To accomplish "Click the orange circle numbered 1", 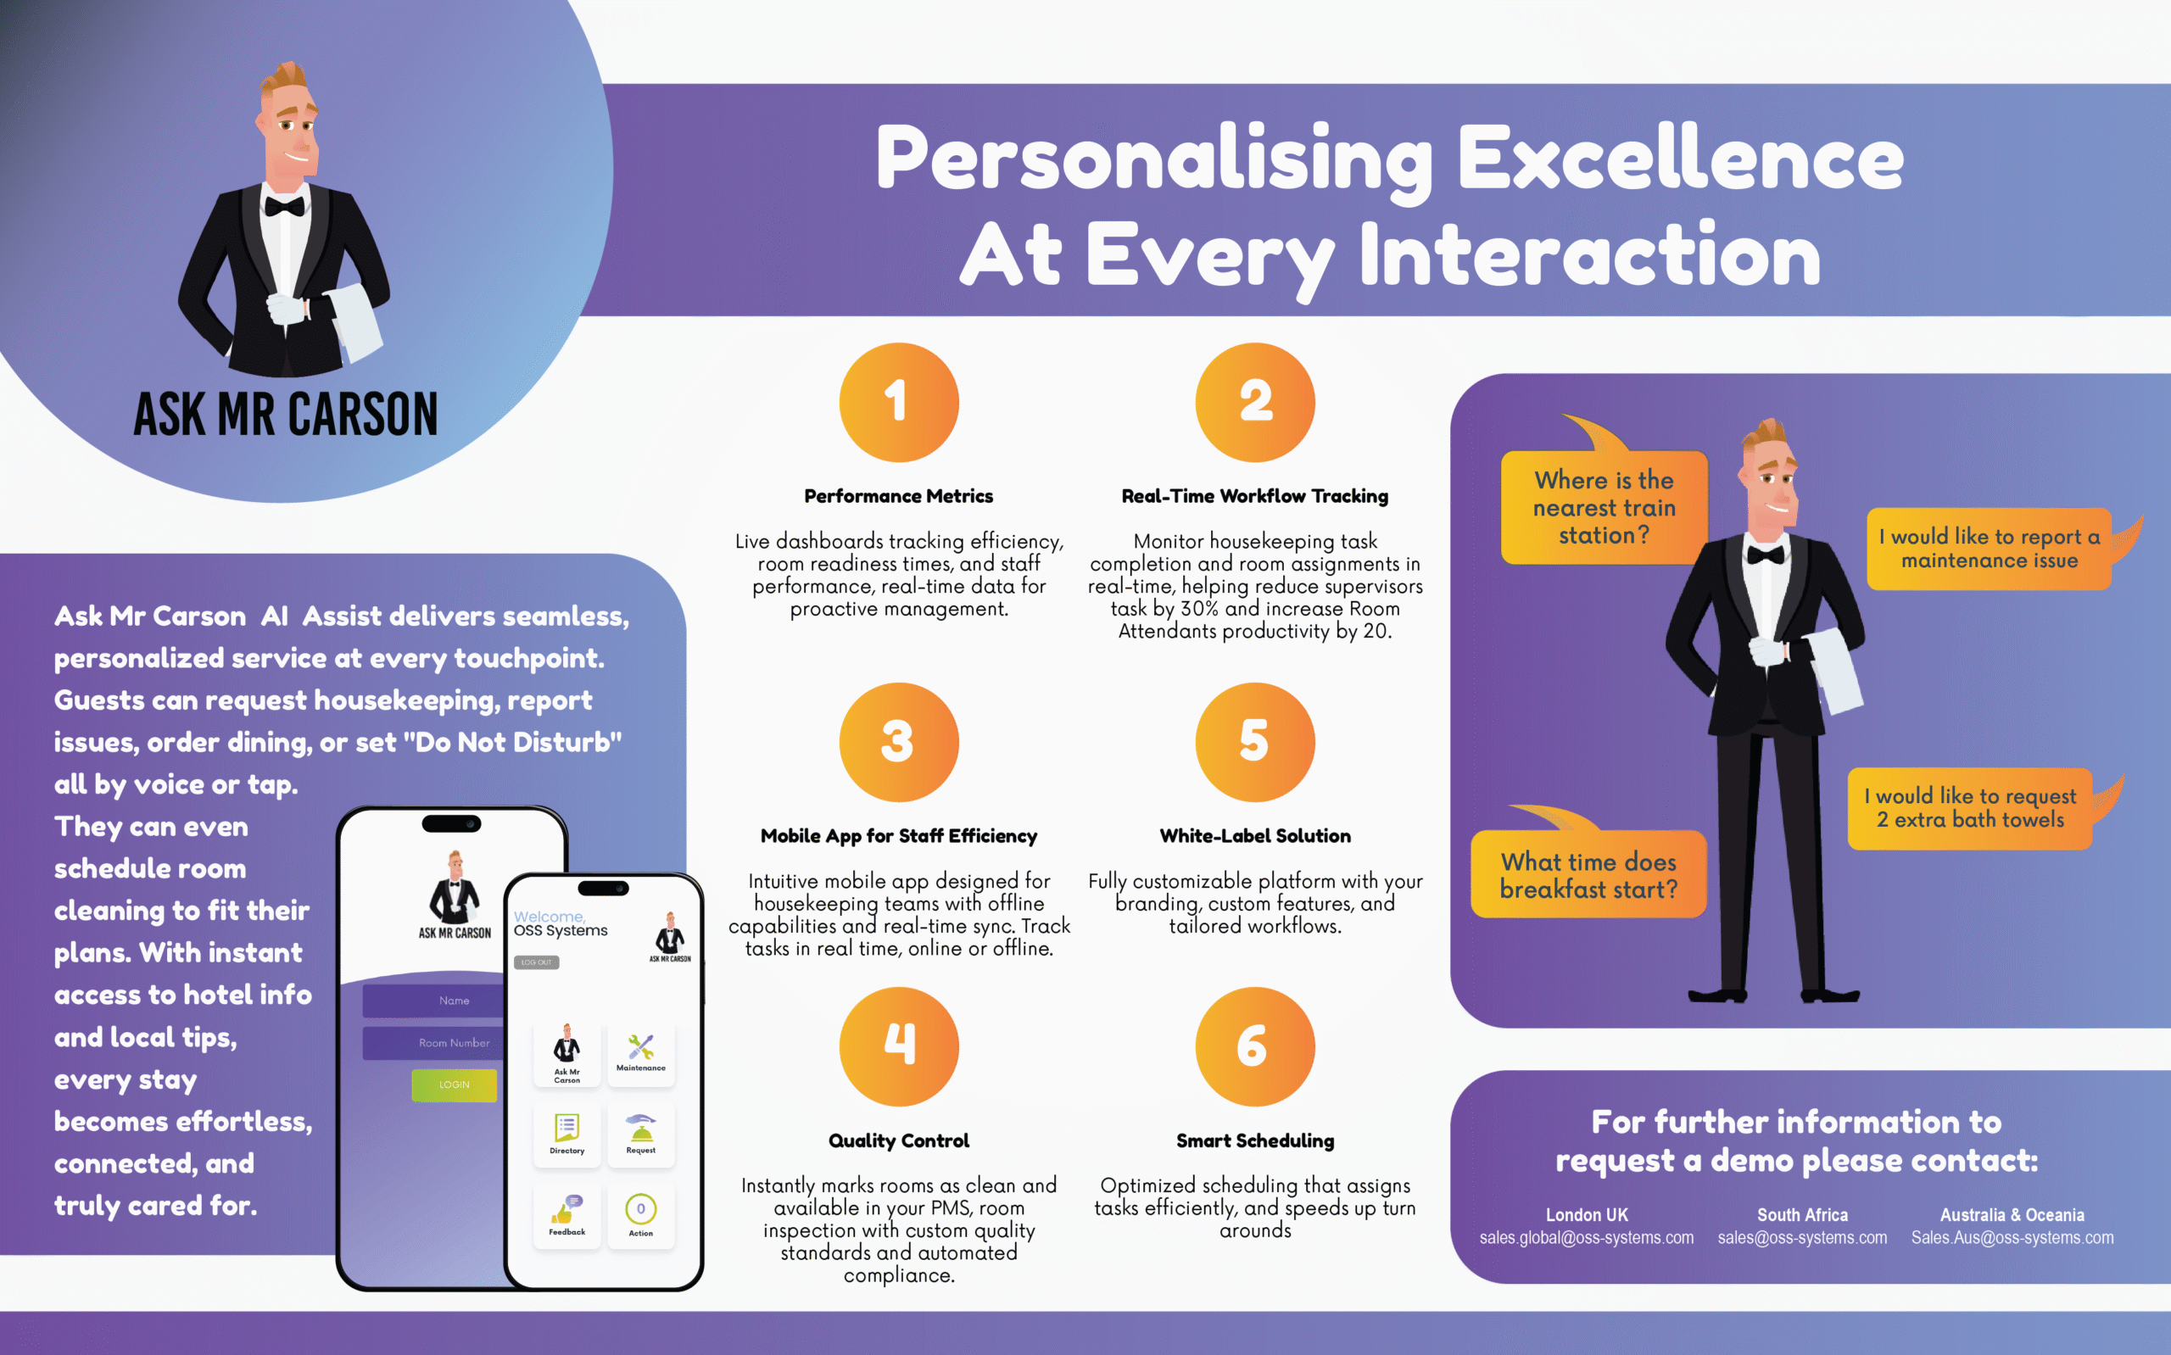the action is (x=899, y=403).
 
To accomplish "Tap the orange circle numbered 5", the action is (x=1254, y=742).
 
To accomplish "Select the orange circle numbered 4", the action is (x=899, y=1046).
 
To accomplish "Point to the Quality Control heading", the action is (x=899, y=1140).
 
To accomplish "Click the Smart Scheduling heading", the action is (x=1254, y=1140).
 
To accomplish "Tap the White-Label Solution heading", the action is (x=1254, y=836).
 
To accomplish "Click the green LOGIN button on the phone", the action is (x=455, y=1085).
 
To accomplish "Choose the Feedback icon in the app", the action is (x=567, y=1215).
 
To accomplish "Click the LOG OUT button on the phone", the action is (x=537, y=962).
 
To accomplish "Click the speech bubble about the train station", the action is (x=1604, y=507).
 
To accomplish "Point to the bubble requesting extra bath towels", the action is (x=1970, y=808).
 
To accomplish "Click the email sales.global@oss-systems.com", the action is (x=1586, y=1238).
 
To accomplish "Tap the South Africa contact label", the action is (x=1802, y=1215).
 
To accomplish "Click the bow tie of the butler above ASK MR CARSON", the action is (x=284, y=207).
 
